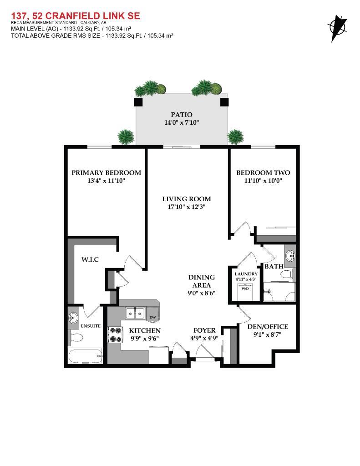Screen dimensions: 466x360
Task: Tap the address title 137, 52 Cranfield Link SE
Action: [75, 16]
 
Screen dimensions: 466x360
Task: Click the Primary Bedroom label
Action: [106, 172]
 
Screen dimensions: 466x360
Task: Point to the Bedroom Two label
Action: [263, 172]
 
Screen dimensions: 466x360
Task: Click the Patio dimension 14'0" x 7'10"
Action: [182, 122]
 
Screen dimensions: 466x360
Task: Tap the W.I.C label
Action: [90, 259]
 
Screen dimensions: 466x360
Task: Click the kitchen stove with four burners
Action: [115, 335]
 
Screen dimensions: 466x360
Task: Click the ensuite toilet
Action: [76, 337]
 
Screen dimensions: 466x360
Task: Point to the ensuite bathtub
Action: [86, 355]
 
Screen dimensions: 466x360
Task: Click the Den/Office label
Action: [267, 327]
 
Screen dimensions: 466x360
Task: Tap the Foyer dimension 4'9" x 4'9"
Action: [204, 338]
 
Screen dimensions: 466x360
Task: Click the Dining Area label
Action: [202, 281]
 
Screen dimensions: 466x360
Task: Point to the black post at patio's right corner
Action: [224, 101]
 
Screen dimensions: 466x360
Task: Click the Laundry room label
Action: [246, 274]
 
